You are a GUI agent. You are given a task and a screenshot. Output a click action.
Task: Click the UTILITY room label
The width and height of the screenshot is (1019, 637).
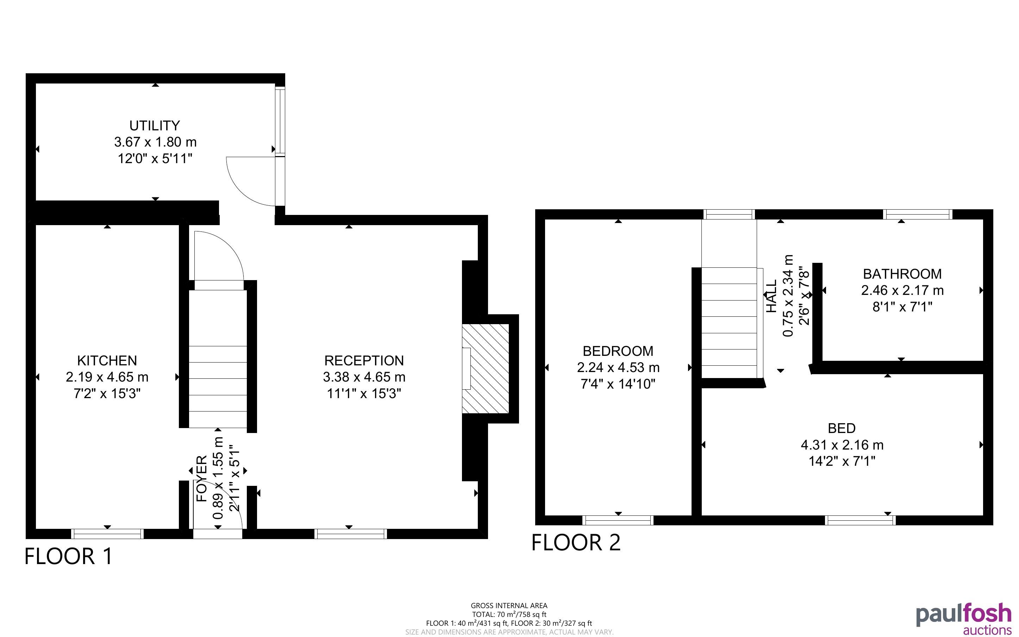click(x=155, y=125)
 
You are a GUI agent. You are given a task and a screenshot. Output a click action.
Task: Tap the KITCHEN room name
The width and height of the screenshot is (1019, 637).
click(x=107, y=361)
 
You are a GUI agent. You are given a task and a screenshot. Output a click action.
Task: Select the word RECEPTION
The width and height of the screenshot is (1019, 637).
click(x=364, y=361)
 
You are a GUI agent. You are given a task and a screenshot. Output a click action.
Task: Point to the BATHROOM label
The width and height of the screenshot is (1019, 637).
click(x=902, y=274)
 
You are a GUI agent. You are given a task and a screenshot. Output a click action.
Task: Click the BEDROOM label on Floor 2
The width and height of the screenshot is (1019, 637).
click(x=618, y=351)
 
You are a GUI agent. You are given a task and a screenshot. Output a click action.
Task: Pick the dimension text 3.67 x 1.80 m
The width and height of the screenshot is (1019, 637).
click(x=155, y=142)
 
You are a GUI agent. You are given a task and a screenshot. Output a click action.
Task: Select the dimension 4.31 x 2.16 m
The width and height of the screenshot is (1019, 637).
click(x=842, y=445)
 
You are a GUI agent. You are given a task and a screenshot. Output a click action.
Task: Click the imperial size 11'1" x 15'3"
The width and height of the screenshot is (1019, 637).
click(x=364, y=394)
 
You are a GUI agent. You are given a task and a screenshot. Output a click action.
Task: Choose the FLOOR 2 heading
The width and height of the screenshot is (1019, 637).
click(x=576, y=543)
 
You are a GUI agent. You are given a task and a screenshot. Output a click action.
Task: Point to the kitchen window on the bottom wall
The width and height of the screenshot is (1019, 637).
click(x=107, y=534)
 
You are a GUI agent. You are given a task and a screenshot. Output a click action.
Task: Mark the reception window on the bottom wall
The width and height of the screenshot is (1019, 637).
click(x=351, y=534)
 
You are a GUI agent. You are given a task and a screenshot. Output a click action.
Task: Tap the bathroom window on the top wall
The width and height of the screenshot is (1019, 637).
click(x=918, y=215)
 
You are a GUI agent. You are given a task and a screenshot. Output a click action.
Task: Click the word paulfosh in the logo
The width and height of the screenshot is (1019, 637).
click(x=964, y=616)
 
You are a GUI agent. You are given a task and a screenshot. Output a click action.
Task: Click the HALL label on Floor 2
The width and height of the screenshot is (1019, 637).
click(x=771, y=296)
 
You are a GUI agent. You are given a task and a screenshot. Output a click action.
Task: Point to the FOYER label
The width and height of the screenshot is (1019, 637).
click(x=202, y=478)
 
